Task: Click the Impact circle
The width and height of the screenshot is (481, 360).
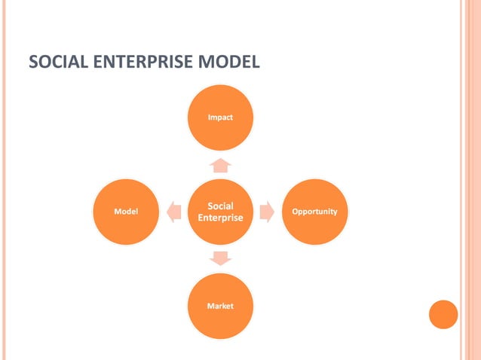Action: coord(220,117)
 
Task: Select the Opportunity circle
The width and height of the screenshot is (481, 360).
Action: coord(314,212)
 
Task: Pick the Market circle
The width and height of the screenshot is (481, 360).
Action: coord(220,306)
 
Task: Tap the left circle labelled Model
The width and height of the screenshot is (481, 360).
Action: coord(125,212)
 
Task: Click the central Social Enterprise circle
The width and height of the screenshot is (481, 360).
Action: coord(220,212)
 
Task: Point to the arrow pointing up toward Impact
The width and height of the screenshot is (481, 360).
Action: coord(220,165)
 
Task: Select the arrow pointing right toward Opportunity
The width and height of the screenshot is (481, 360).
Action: coord(266,212)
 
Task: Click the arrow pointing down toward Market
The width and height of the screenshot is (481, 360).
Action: coord(220,258)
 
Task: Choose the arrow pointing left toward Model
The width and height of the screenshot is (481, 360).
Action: coord(173,212)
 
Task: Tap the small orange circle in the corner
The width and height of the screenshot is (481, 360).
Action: coord(443,314)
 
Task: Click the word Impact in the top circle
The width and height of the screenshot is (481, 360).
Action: coord(220,117)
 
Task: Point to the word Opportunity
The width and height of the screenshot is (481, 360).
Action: coord(314,212)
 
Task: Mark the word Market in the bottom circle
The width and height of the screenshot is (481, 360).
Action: coord(220,306)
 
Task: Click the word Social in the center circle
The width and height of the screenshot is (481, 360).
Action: coord(220,206)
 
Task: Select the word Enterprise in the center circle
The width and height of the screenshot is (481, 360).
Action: coord(220,218)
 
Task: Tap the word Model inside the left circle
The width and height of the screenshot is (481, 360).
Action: coord(125,212)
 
